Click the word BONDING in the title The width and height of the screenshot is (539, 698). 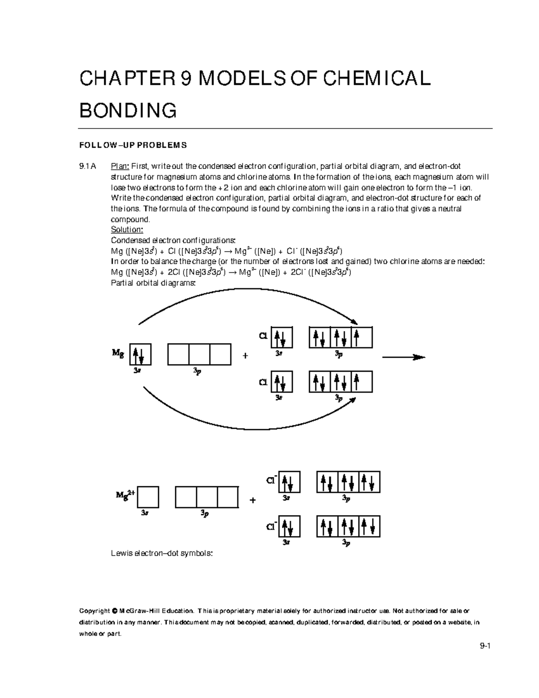pos(128,111)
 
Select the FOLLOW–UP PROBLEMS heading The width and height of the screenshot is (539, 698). pos(133,145)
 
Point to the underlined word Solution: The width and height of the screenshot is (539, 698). pos(127,230)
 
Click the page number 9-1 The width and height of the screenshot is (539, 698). pos(485,647)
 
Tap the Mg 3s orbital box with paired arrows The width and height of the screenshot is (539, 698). pos(140,355)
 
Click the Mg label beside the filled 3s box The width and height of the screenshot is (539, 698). pos(118,353)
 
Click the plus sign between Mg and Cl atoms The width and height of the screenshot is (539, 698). pos(245,356)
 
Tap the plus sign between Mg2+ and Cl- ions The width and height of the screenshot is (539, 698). pos(252,500)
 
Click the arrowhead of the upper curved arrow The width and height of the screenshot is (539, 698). pos(354,321)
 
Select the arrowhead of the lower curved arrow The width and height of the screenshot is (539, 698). pos(353,400)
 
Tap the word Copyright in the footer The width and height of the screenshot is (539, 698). pos(94,611)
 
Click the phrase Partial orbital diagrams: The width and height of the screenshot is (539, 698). pos(153,283)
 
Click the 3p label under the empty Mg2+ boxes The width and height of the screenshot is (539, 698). pos(204,513)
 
